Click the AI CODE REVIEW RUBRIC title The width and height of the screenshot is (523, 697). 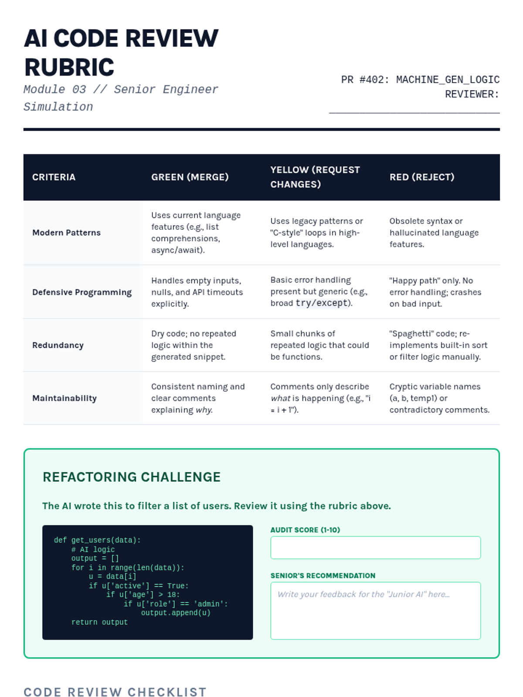[x=121, y=52]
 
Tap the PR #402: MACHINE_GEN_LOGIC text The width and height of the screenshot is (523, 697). [x=420, y=80]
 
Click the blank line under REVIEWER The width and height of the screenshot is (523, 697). [x=414, y=109]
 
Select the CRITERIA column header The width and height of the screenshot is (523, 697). [x=54, y=177]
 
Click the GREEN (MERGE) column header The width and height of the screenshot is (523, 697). [x=190, y=177]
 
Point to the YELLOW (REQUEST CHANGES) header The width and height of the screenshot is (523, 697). [x=315, y=177]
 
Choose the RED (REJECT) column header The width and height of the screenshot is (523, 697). [x=421, y=177]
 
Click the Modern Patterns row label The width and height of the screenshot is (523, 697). [x=66, y=233]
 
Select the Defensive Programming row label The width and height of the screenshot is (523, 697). [x=82, y=292]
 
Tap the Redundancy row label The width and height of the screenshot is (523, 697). [x=58, y=345]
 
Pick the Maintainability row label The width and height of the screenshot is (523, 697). [x=65, y=398]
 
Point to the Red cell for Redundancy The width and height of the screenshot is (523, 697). [x=438, y=345]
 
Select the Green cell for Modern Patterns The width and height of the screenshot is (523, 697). [x=196, y=233]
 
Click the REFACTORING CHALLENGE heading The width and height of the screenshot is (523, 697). [x=132, y=477]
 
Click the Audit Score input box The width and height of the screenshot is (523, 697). [x=375, y=548]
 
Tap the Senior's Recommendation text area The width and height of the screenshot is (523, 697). [x=375, y=610]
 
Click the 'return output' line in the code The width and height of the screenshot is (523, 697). [x=99, y=622]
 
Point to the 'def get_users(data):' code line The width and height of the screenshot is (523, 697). [x=97, y=540]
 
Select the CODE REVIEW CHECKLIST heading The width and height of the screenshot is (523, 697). [x=115, y=692]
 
